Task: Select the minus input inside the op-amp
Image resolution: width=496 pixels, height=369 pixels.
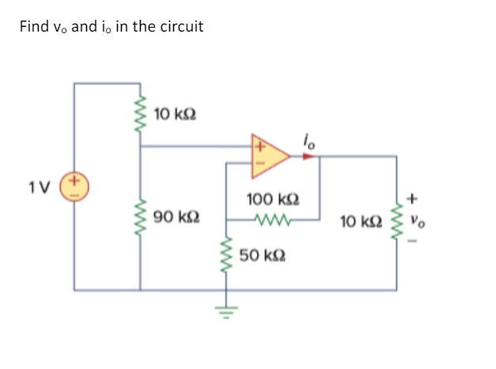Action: pos(259,164)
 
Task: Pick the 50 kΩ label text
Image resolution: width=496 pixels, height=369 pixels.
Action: pos(262,257)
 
